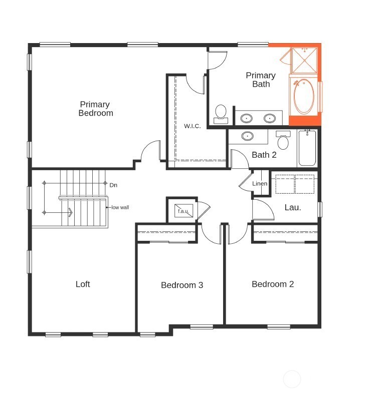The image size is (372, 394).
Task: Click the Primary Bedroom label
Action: coord(95,109)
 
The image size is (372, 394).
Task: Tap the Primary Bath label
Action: coord(261,80)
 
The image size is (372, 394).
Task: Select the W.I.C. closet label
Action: coord(192,126)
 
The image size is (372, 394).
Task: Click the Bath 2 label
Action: coord(264,155)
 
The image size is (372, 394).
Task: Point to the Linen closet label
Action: coord(260,184)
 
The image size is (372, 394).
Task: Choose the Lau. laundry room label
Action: coord(293,207)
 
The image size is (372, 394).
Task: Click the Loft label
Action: coord(83,284)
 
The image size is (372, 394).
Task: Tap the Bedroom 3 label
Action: coord(182,285)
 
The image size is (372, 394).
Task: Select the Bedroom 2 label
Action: coord(273,284)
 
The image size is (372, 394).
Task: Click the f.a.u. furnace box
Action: coord(182,211)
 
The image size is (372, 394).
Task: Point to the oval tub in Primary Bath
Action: coord(304,97)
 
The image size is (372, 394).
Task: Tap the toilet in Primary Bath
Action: coord(221,113)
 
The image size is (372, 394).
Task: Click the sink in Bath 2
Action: coord(247,136)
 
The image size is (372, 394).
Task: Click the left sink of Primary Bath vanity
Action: coord(246,119)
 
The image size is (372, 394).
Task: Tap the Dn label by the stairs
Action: coord(113,185)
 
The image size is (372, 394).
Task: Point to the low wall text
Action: coord(120,207)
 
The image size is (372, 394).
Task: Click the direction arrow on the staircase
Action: coord(70,212)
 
